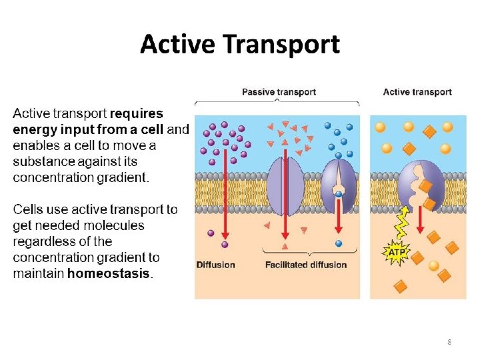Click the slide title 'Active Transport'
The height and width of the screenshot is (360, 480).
tap(240, 45)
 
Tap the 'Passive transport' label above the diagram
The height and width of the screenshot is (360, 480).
tap(278, 92)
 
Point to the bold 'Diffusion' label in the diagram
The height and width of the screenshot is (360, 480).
tap(215, 265)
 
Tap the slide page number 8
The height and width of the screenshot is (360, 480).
tap(449, 342)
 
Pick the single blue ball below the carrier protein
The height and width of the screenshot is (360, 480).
tap(339, 244)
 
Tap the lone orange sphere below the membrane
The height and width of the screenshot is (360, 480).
tap(434, 265)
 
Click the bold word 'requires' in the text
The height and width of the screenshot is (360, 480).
tap(136, 113)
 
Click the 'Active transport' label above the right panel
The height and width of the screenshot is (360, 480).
tap(417, 92)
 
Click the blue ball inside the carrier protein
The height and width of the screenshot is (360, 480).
tap(339, 195)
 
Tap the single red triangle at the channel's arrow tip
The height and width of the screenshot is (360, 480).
tap(285, 247)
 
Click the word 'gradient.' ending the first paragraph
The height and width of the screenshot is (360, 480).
tap(125, 177)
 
